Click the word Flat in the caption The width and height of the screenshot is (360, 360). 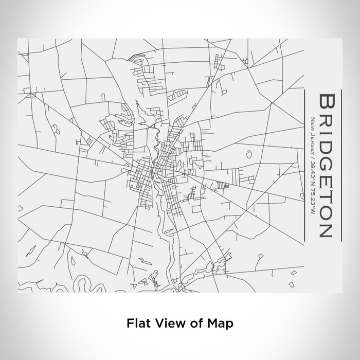pyautogui.click(x=137, y=323)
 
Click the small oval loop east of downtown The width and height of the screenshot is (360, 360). pyautogui.click(x=248, y=153)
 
